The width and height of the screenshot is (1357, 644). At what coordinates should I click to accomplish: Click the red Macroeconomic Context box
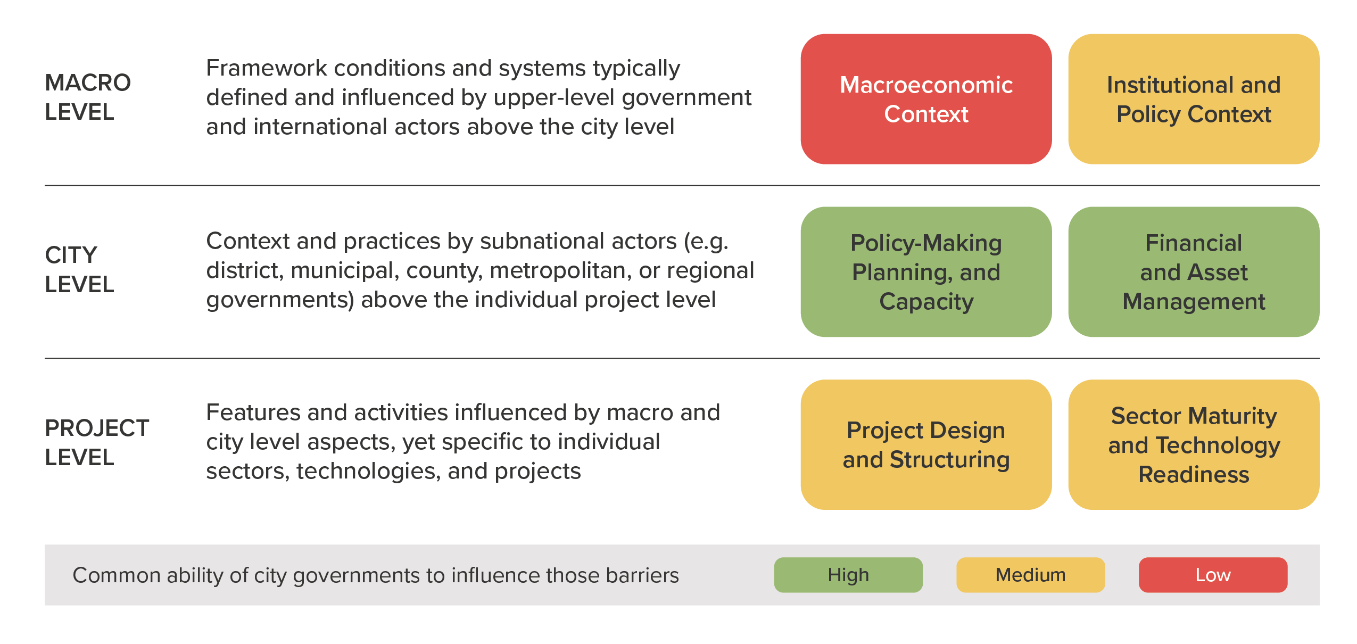pos(926,99)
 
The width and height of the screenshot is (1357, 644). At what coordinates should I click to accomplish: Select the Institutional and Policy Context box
pos(1194,99)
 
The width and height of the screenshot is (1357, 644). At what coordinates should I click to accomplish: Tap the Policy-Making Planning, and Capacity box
pos(926,272)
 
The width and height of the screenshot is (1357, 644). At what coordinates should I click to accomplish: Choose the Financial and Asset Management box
pos(1194,272)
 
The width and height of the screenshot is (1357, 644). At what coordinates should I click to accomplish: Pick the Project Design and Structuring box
pos(926,444)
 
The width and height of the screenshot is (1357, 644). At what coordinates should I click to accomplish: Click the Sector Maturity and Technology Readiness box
pos(1194,444)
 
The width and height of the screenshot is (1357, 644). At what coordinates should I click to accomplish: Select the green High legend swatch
pos(848,575)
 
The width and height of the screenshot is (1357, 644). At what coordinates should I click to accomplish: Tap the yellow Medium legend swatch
pos(1031,575)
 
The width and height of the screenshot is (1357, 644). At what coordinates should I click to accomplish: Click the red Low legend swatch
pos(1213,575)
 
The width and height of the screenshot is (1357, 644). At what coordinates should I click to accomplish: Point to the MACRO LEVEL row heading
pos(88,97)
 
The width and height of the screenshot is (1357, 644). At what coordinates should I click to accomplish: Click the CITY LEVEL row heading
pos(80,270)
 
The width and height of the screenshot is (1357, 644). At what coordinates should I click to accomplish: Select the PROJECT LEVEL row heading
pos(97,443)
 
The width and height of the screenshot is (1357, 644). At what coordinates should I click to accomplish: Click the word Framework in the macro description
pos(267,68)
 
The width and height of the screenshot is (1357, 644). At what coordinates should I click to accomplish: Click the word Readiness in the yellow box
pos(1194,474)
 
